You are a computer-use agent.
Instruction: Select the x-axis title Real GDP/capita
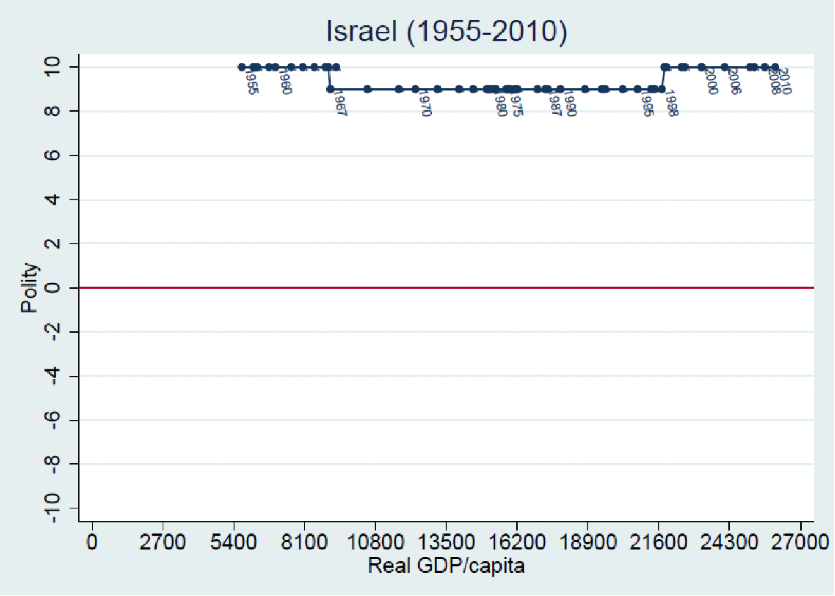[446, 565]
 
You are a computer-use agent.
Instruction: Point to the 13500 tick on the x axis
[446, 542]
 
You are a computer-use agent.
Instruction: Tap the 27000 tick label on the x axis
[800, 542]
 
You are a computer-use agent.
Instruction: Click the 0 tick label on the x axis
[92, 542]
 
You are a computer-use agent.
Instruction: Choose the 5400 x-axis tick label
[234, 542]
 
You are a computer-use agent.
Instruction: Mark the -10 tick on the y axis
[53, 508]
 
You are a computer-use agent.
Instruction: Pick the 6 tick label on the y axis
[53, 155]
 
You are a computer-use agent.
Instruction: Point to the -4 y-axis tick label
[53, 376]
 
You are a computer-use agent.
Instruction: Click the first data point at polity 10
[242, 67]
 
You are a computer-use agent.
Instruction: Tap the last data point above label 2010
[775, 67]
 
